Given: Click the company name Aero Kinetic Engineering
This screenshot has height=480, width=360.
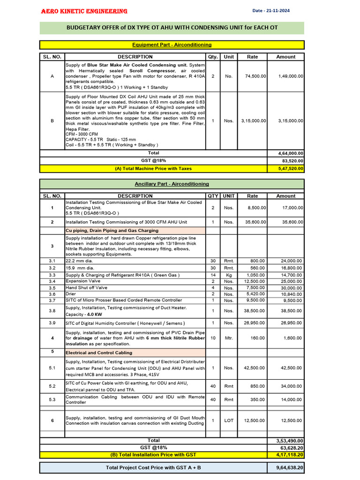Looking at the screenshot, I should (x=84, y=11).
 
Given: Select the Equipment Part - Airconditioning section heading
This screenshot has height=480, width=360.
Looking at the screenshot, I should (x=172, y=45).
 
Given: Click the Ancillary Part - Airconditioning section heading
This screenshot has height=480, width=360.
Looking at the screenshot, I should (x=172, y=184).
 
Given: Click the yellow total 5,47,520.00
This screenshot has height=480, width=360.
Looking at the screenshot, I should (x=291, y=169).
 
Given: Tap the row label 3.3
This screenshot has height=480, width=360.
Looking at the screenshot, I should (x=52, y=275).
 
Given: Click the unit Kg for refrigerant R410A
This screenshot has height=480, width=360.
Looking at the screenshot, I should (x=228, y=275).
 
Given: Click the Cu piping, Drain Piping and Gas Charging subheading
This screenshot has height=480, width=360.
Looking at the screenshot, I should (x=112, y=231).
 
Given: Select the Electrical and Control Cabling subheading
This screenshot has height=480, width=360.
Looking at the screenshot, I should (x=99, y=352).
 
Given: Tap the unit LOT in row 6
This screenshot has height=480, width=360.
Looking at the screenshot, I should (x=228, y=420).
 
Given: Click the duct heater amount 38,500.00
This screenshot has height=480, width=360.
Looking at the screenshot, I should (x=291, y=311).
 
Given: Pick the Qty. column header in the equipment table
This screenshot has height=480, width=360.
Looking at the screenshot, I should (x=213, y=57).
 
